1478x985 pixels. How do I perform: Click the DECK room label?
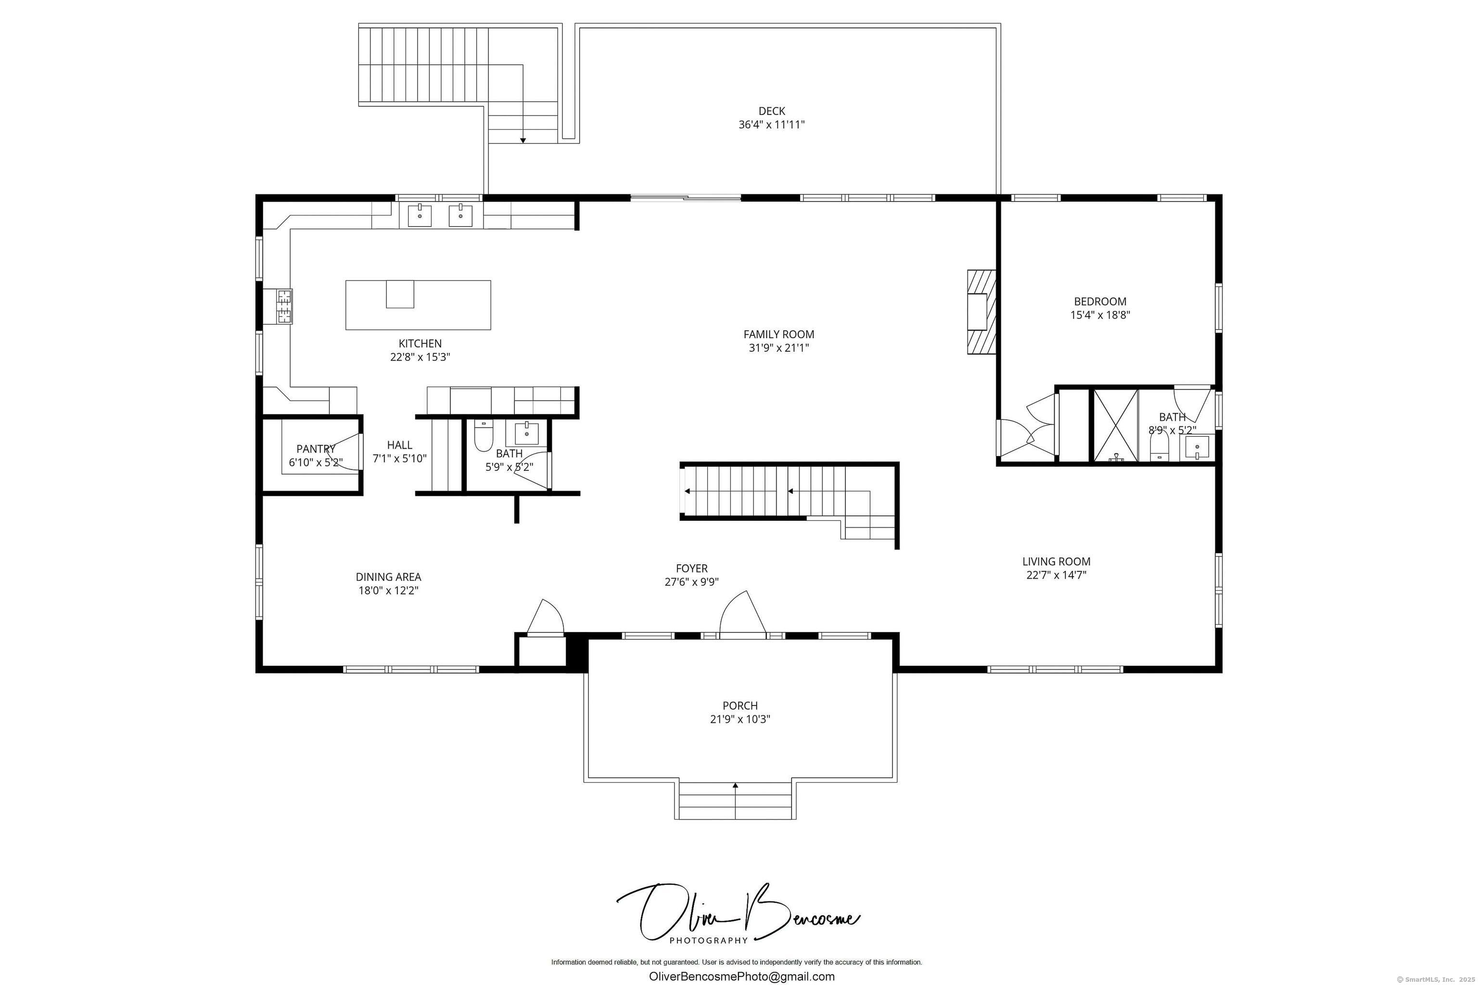[x=771, y=111]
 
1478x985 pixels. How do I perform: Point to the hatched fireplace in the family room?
[x=981, y=312]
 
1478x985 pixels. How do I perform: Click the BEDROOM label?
[x=1100, y=302]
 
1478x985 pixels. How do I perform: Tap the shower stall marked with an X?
[x=1116, y=425]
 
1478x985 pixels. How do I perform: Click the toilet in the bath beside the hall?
[x=483, y=438]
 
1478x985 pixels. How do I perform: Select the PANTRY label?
[x=316, y=449]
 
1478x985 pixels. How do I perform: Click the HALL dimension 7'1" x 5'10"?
[x=400, y=458]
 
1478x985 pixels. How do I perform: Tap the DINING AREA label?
[x=388, y=577]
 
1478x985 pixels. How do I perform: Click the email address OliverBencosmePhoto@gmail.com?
[x=741, y=976]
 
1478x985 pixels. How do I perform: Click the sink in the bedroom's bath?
[x=1197, y=448]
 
